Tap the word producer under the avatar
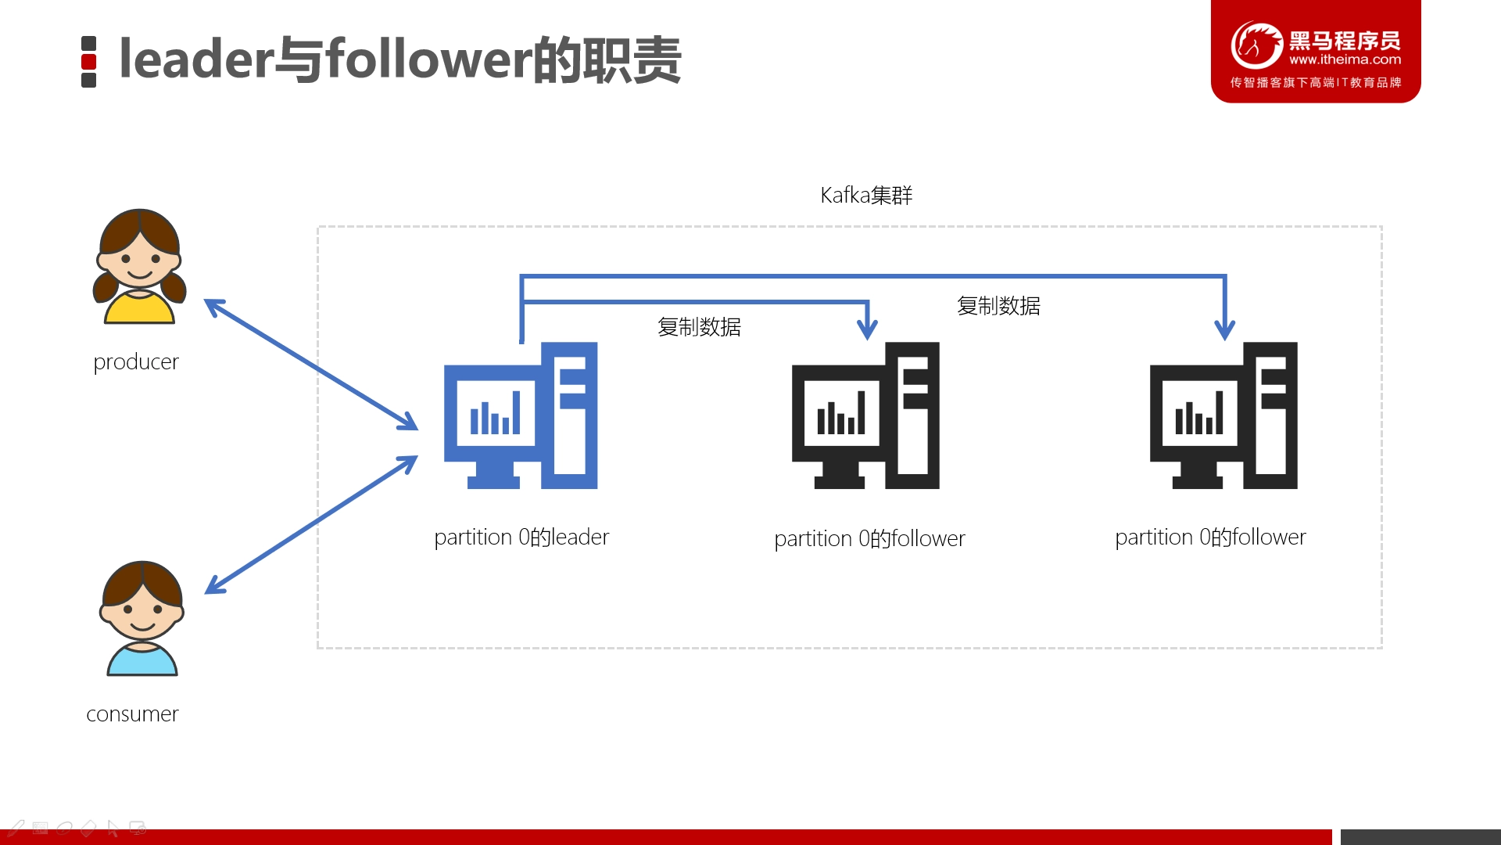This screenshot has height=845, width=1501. tap(136, 362)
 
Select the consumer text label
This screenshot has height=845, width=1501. tap(132, 714)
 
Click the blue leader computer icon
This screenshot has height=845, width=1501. tap(521, 415)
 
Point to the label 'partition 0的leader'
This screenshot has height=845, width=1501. tap(521, 538)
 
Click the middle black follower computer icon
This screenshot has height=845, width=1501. tap(865, 415)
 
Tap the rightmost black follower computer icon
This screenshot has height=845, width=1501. tap(1223, 415)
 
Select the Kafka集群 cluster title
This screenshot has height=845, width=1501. tap(866, 195)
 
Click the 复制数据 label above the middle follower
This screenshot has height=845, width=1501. tap(699, 327)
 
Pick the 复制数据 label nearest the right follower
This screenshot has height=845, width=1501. tap(998, 306)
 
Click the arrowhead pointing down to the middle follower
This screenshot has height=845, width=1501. tap(867, 329)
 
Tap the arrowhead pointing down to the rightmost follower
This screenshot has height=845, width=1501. tap(1225, 329)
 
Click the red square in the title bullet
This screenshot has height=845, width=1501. tap(89, 62)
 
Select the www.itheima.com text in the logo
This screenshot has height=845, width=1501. tap(1345, 59)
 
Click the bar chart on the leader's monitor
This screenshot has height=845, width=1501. tap(495, 412)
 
